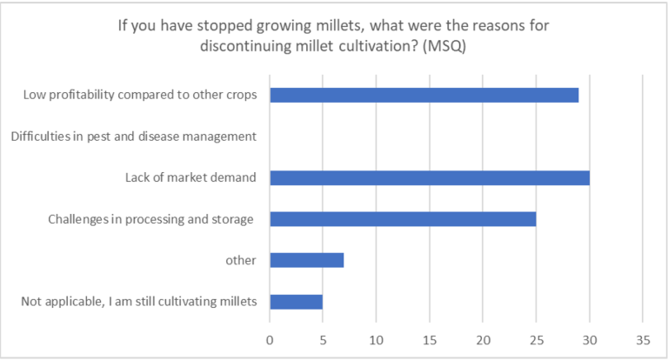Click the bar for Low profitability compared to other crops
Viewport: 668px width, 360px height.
point(424,95)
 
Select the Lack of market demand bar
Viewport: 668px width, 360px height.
point(429,178)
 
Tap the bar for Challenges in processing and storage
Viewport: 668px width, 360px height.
point(403,219)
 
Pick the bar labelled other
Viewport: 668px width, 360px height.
point(306,260)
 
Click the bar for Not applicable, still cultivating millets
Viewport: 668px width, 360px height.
point(296,302)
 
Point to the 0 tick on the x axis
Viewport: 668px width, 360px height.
point(270,337)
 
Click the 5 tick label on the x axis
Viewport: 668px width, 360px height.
point(323,337)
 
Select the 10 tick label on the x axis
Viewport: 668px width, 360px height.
point(376,337)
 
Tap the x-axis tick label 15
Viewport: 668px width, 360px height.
point(429,337)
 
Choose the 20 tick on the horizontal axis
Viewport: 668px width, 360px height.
point(483,337)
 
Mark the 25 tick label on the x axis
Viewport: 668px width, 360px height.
point(536,337)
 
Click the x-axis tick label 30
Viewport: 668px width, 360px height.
point(589,337)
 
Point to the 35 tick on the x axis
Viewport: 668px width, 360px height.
point(642,337)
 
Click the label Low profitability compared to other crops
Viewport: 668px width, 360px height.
point(140,95)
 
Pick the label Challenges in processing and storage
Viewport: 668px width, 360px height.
point(150,219)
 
